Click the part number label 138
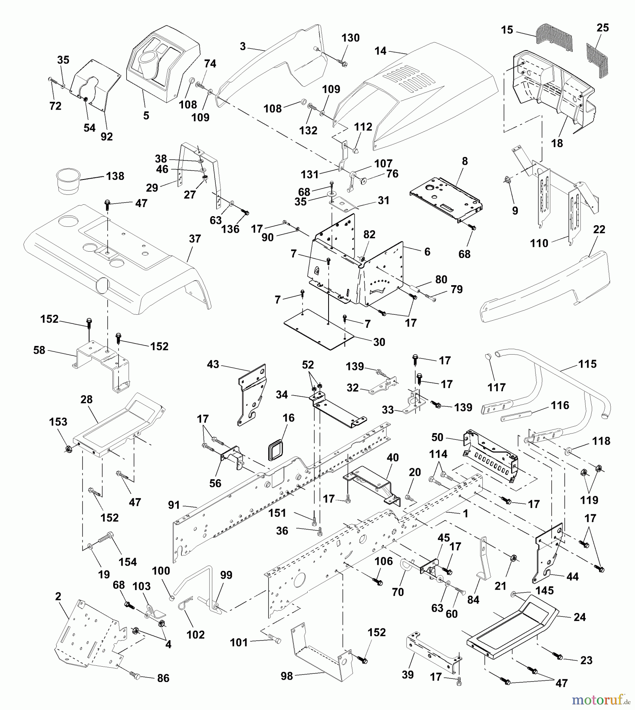point(115,176)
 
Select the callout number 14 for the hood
point(380,51)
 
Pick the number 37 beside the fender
point(195,239)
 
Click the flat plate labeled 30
point(319,328)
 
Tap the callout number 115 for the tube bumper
point(587,364)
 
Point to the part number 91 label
point(174,505)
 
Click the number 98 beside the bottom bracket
point(287,676)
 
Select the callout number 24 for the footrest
point(579,617)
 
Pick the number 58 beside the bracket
point(39,350)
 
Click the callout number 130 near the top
point(350,38)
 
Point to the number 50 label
point(437,437)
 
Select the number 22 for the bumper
point(599,229)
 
